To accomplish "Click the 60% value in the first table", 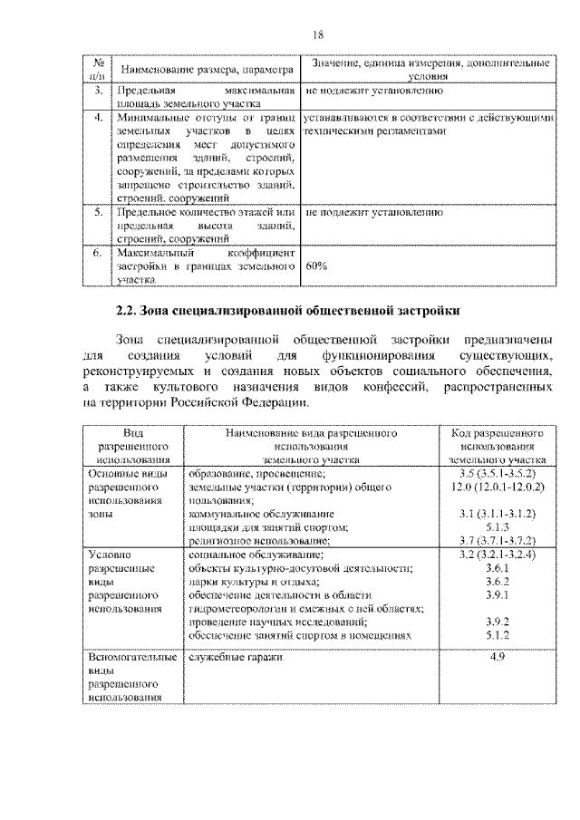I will (317, 267).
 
